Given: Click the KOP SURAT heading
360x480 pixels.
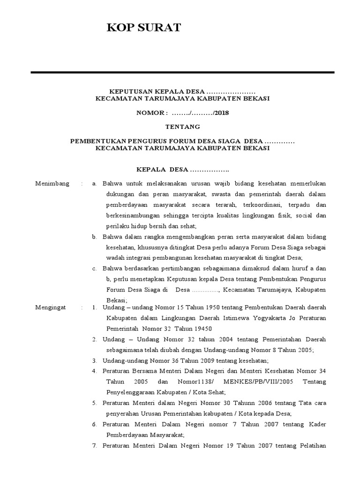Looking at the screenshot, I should pos(143,29).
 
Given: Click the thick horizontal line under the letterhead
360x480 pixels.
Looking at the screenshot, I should pos(182,72).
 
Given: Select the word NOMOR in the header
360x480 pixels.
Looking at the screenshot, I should pos(150,113).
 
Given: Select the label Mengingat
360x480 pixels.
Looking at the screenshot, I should pos(51,307).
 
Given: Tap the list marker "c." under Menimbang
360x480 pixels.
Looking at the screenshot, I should pos(94,268).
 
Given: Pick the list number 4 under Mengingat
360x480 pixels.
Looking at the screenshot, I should pos(94,371).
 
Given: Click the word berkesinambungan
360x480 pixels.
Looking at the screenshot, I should pos(130,215).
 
